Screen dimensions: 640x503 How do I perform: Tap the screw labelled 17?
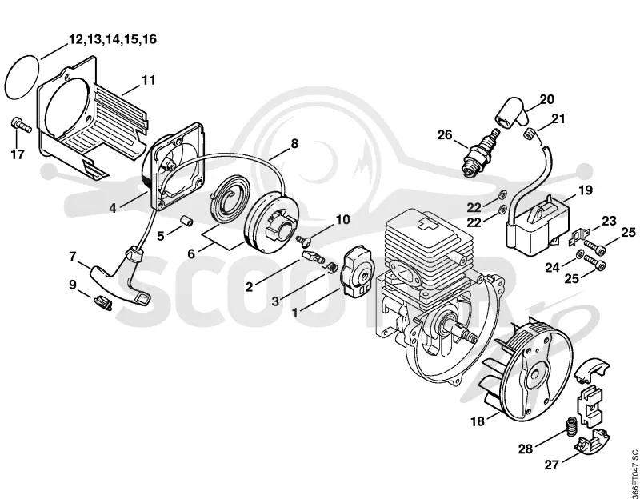[x=21, y=124]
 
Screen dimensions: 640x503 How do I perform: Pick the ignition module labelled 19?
[x=537, y=222]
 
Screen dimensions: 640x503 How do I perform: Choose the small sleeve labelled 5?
[x=186, y=219]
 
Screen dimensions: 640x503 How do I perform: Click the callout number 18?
[x=478, y=421]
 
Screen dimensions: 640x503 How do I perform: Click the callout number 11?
[x=149, y=80]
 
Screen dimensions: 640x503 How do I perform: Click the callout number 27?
[x=551, y=465]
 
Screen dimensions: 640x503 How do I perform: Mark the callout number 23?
[x=609, y=221]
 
